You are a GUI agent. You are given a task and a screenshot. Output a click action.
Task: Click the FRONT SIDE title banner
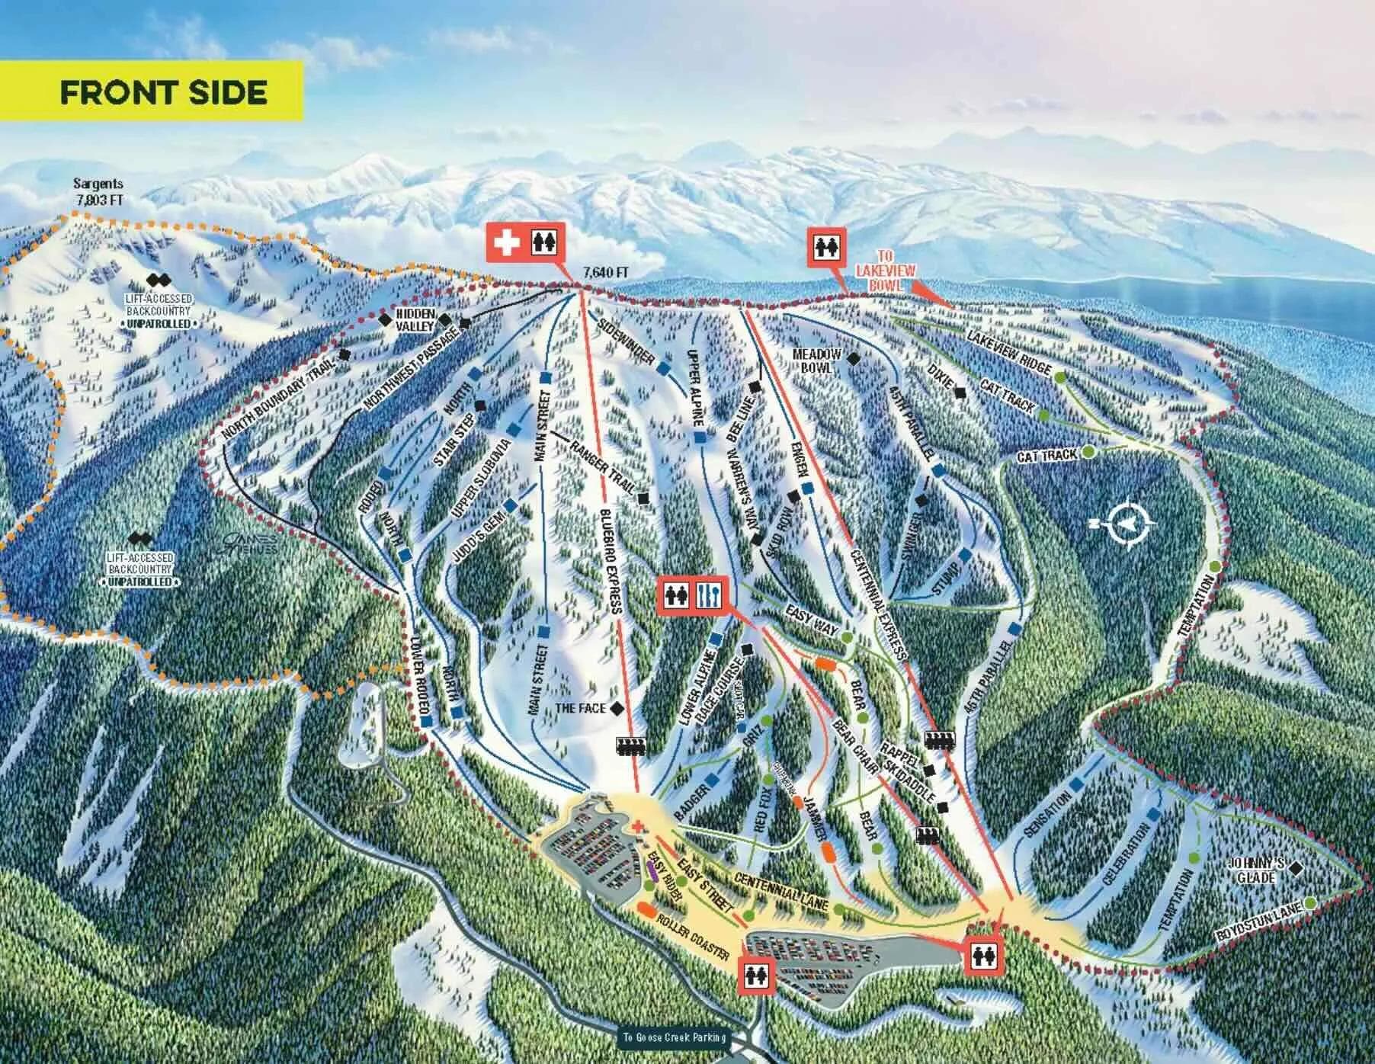pyautogui.click(x=163, y=92)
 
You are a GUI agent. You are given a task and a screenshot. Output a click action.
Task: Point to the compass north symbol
pyautogui.click(x=1123, y=523)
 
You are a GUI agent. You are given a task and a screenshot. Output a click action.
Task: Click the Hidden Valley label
pyautogui.click(x=415, y=320)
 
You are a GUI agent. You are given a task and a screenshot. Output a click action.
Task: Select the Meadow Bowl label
pyautogui.click(x=816, y=360)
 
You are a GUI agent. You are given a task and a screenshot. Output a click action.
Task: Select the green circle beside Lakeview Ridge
pyautogui.click(x=1060, y=375)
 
